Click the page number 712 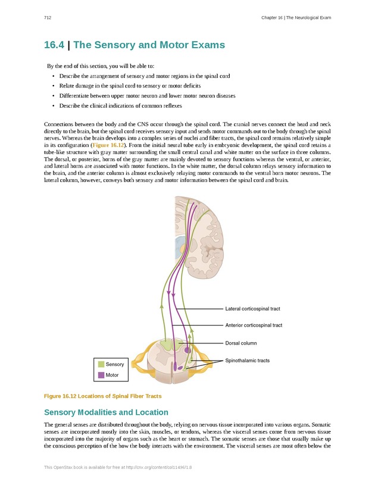48,18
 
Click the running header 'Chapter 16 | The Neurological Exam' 296,18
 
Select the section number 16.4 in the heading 54,45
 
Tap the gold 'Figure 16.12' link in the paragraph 108,145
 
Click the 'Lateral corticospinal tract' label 252,309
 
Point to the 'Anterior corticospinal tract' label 254,325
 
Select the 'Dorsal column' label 241,343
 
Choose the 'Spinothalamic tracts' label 247,361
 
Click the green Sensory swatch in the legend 101,364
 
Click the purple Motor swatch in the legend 101,375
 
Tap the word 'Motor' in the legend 112,375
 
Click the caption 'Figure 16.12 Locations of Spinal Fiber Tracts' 103,396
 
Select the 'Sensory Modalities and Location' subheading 106,412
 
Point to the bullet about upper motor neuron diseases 147,96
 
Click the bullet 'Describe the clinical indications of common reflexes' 121,106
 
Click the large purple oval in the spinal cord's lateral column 187,350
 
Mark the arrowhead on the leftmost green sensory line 161,306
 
